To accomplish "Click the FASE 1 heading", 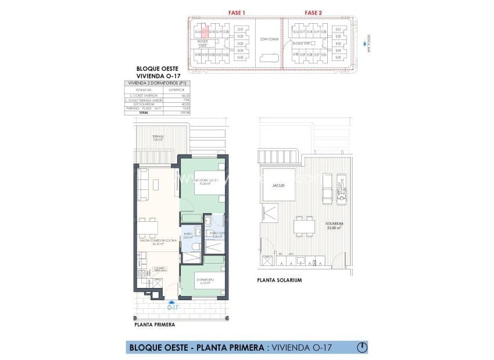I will [x=220, y=12].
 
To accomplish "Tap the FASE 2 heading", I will [x=313, y=12].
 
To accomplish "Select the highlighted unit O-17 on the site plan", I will [x=205, y=31].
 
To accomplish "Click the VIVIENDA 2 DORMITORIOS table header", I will [x=159, y=84].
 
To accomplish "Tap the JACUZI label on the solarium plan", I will [x=278, y=185].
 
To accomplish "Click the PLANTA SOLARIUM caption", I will [x=280, y=280].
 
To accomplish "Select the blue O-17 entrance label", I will [x=171, y=307].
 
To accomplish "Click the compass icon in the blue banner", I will [x=361, y=347].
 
